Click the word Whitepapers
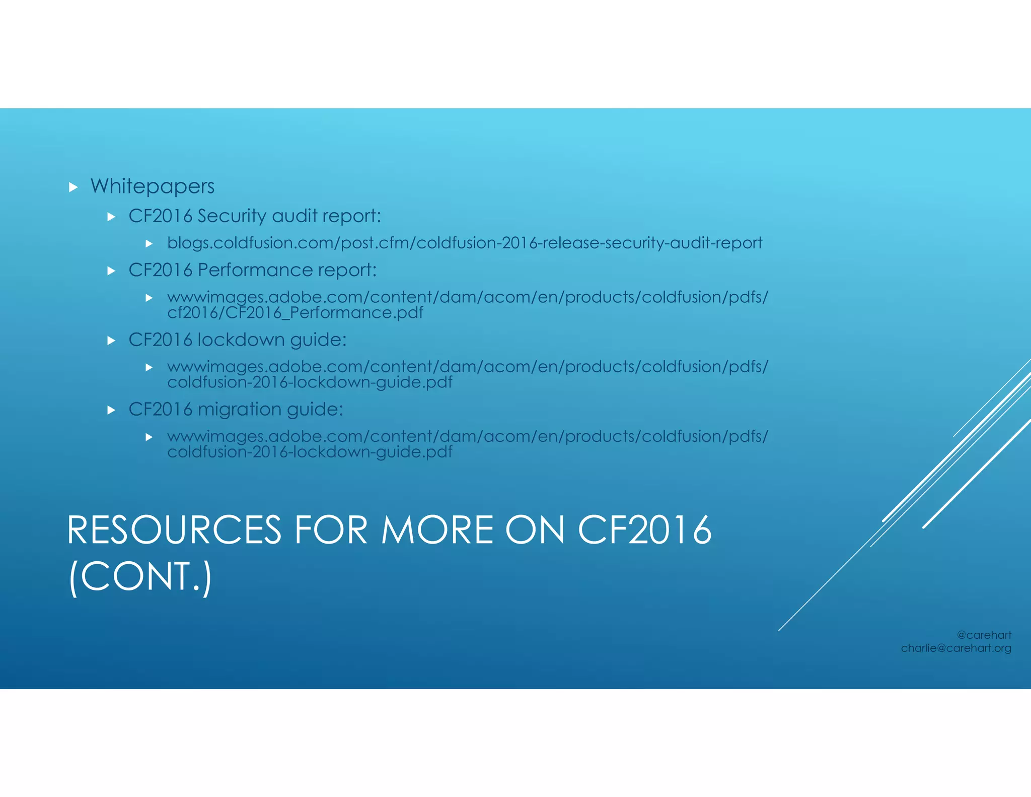(x=152, y=186)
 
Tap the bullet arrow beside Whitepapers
(x=73, y=187)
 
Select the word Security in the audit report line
(x=232, y=216)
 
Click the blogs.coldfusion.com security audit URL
(x=464, y=243)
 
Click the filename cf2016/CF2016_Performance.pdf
(x=295, y=313)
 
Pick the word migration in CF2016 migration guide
(x=239, y=410)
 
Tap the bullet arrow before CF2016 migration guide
(x=112, y=410)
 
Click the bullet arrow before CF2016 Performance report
(x=112, y=271)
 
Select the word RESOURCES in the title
(x=174, y=530)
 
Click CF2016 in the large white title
(x=644, y=530)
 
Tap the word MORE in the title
(x=437, y=530)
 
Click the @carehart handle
(x=984, y=635)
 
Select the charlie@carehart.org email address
(x=955, y=648)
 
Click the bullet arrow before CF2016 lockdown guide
(x=112, y=341)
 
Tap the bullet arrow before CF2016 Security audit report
(x=112, y=217)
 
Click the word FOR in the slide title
(x=331, y=530)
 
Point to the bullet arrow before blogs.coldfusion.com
(x=149, y=244)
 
